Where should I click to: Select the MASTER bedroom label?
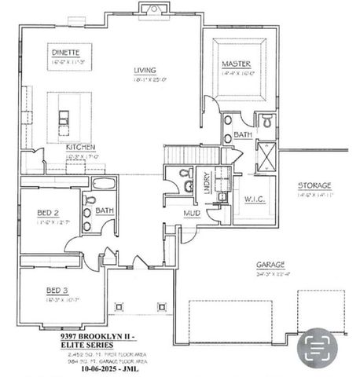(236, 63)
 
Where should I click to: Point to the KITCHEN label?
(81, 147)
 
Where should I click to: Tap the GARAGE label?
(270, 265)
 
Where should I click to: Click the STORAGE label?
(313, 185)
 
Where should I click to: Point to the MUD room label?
(191, 213)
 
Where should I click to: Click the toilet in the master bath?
(268, 121)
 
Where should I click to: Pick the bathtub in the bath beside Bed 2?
(105, 184)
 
